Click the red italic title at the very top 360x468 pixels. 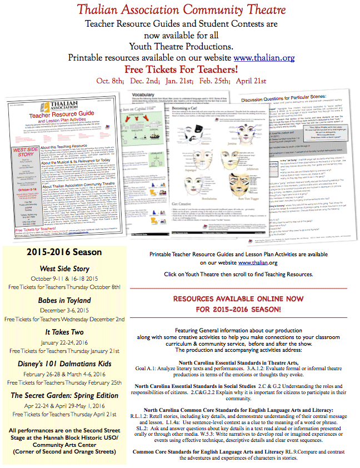coord(180,9)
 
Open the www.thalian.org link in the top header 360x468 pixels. coord(264,57)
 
